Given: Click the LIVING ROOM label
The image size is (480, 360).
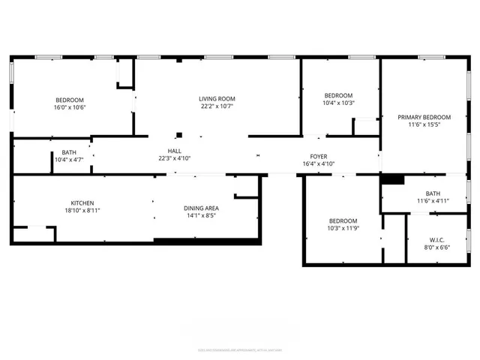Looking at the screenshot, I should coord(217,98).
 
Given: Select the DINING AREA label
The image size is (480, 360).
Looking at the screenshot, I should coord(201,208).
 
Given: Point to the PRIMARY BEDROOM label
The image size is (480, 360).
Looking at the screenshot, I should coord(424,117).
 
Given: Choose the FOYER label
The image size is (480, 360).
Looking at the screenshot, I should coord(317,156).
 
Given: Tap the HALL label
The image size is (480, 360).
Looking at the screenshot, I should coord(175,150).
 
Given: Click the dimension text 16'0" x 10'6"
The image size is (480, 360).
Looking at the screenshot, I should coord(69,107).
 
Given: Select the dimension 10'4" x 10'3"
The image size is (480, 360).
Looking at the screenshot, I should coord(338,103).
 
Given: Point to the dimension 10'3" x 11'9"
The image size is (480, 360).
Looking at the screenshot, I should coord(343,229).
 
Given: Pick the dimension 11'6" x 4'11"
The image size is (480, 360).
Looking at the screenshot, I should coord(433,200).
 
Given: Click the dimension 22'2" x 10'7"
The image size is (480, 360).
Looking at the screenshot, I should coord(217,106).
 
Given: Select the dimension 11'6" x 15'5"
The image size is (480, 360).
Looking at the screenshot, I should coord(424,125).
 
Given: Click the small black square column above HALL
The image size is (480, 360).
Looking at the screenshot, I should coord(178,136).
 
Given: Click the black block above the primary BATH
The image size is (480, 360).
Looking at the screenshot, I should coord(392,179).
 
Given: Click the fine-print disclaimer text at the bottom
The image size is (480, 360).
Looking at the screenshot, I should coord(239,349).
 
